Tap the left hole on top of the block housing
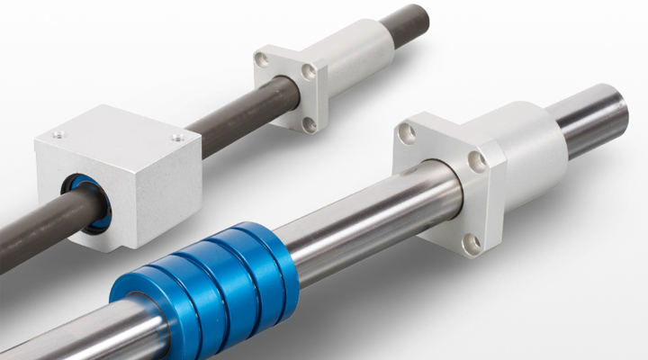point(58,135)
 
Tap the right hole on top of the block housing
point(176,138)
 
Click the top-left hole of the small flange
point(261,59)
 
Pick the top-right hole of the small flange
point(309,70)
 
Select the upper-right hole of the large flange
point(478,161)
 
